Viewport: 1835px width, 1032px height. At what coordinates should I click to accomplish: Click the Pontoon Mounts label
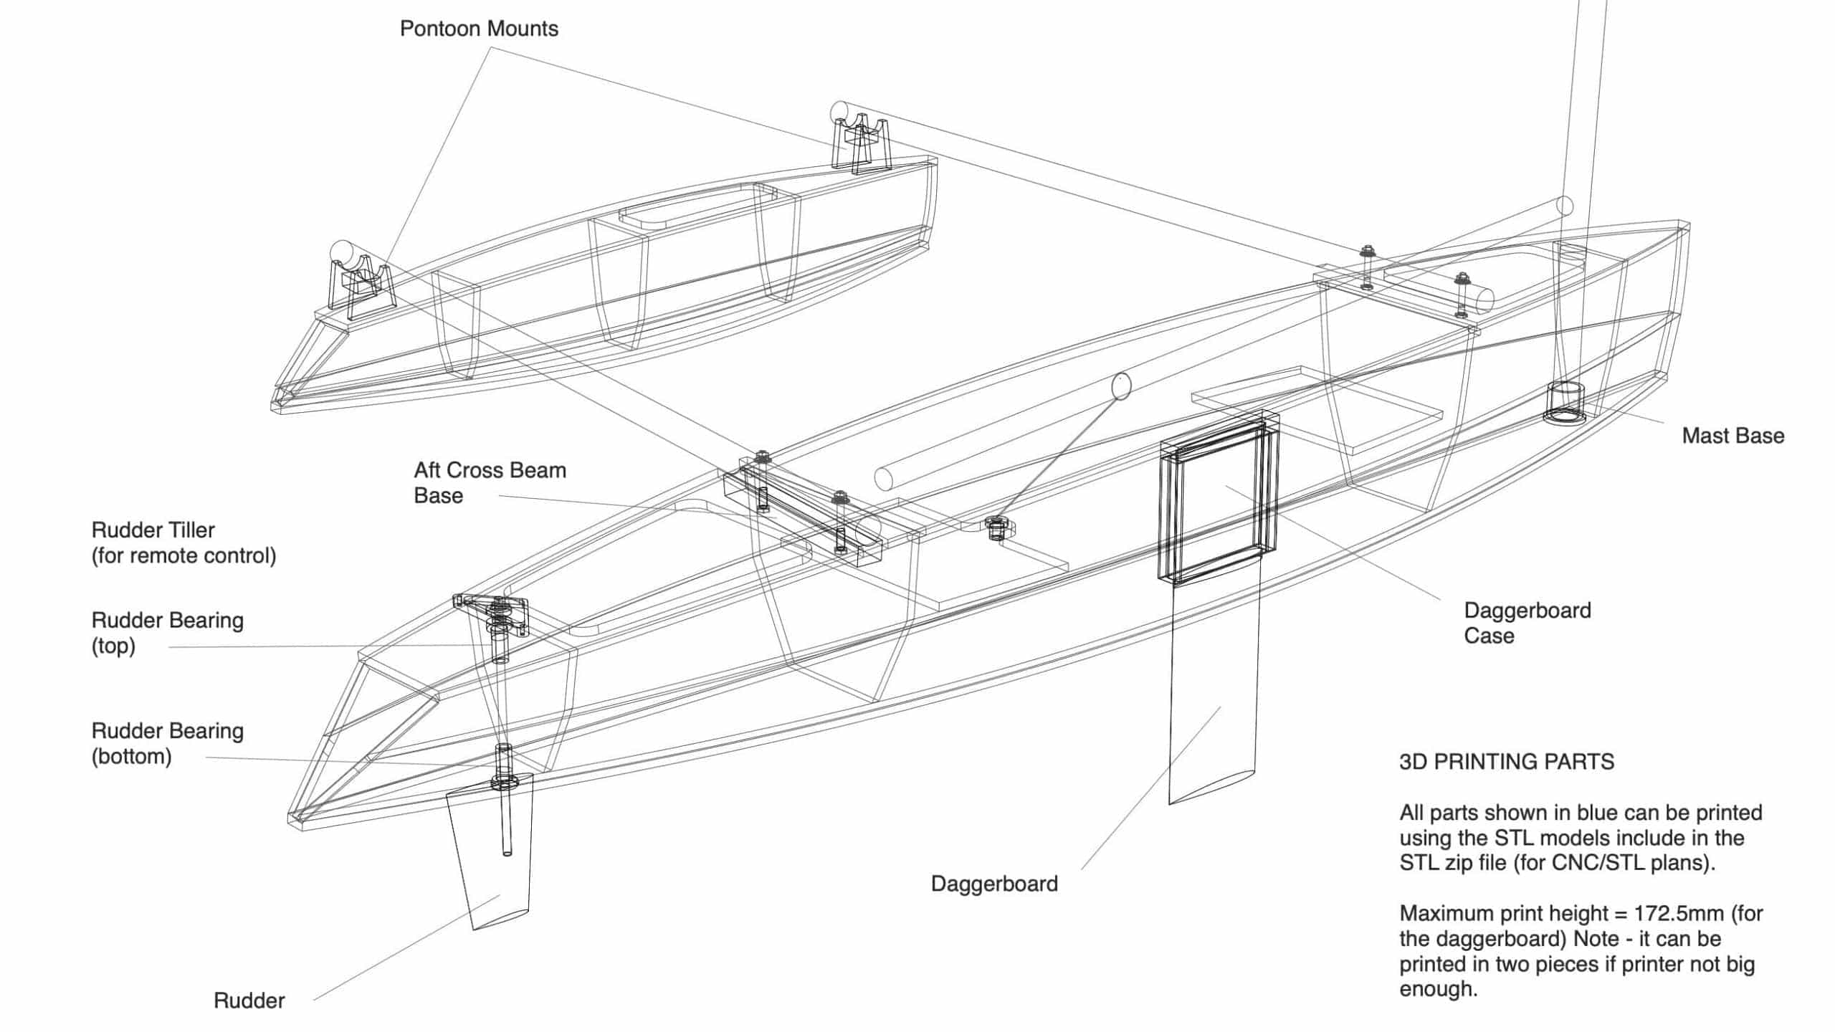(x=479, y=29)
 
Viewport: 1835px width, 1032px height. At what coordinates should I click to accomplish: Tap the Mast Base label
(x=1732, y=436)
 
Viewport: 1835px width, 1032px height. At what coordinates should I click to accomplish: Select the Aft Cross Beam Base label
(x=490, y=483)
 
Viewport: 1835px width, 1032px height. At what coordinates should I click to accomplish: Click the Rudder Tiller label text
(x=153, y=530)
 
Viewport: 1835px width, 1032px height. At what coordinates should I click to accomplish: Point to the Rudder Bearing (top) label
(x=167, y=633)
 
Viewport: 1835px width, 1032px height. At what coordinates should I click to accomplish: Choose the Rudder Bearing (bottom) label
(x=167, y=743)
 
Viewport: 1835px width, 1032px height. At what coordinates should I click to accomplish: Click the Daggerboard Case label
(x=1527, y=623)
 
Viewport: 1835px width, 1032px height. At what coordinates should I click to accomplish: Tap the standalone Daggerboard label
(x=994, y=884)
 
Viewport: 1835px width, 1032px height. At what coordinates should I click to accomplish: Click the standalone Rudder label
(x=249, y=1000)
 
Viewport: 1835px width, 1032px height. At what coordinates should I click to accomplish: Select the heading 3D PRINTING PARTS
(x=1506, y=761)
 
